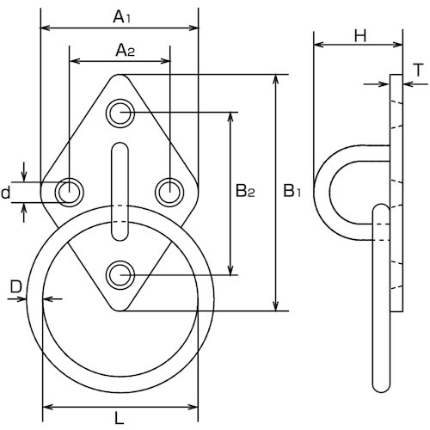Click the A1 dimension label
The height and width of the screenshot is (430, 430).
[x=122, y=16]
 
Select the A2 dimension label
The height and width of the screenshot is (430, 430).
[x=126, y=50]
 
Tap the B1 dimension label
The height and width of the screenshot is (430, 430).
[x=292, y=191]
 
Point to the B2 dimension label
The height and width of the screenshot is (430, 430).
[x=245, y=191]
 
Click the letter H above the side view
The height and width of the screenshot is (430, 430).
[x=360, y=36]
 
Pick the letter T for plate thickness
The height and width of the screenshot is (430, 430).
[x=419, y=71]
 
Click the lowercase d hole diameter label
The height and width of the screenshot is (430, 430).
[x=6, y=193]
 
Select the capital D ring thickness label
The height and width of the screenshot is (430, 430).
[x=16, y=286]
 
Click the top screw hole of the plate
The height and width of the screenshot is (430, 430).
[x=120, y=114]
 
